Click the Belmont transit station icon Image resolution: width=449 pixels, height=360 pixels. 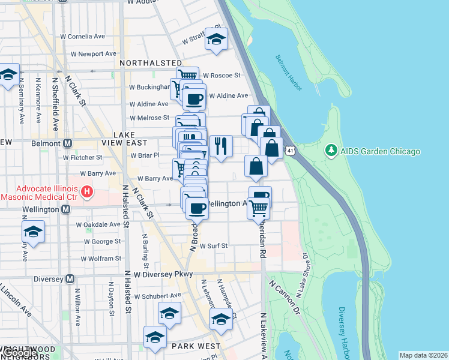67,143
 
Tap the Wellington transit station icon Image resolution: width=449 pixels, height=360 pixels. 66,209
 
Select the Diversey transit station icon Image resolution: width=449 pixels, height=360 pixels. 70,278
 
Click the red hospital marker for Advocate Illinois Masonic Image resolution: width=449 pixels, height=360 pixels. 88,192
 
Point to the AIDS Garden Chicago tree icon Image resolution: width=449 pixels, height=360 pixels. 329,151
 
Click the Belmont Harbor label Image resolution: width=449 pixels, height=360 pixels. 290,70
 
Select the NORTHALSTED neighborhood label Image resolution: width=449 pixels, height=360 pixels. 151,63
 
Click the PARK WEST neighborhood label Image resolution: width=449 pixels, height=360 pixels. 195,346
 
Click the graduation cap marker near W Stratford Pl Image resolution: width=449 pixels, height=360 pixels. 216,40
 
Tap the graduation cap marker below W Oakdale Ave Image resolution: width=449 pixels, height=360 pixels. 33,232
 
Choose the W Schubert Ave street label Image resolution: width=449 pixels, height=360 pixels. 157,296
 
